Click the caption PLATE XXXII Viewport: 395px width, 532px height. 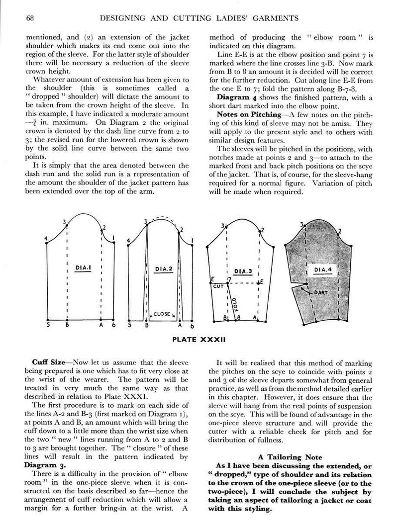click(x=199, y=340)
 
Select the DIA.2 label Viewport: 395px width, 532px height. click(x=163, y=269)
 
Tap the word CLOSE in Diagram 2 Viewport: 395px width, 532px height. click(x=162, y=314)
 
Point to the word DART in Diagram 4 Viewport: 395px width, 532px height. click(x=320, y=293)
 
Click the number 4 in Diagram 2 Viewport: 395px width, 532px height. click(x=129, y=241)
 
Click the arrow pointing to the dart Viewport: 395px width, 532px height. click(x=304, y=289)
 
